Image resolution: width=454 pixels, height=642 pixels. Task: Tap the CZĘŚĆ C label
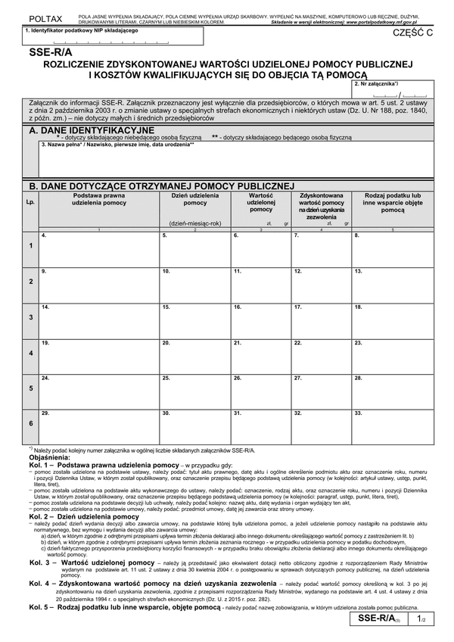(x=409, y=33)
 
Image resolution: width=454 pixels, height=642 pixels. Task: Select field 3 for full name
(x=235, y=160)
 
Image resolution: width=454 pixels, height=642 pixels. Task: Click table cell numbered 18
(x=393, y=318)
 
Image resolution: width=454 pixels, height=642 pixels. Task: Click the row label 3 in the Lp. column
(x=30, y=318)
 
